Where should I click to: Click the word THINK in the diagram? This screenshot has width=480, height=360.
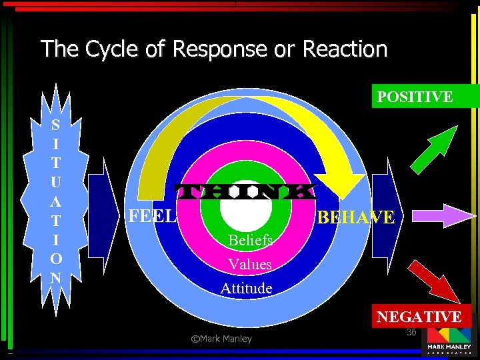point(244,191)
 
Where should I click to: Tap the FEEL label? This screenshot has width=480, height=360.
point(153,215)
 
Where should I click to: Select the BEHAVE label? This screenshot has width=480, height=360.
point(355,217)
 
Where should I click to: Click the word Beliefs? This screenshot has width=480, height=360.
point(249,239)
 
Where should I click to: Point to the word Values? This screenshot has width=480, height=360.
point(249,264)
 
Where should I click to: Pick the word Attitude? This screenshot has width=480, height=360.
point(246,288)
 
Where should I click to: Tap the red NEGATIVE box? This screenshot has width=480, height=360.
point(419,316)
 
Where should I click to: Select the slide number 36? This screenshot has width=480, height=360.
point(411,332)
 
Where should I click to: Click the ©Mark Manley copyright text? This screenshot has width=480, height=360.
point(221,339)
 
